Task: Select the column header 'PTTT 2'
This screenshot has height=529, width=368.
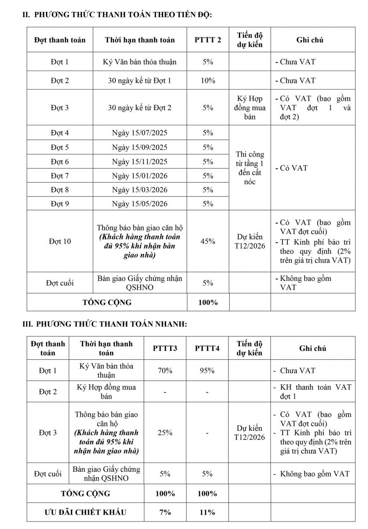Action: pos(208,40)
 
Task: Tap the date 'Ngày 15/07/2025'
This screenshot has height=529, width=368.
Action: pos(140,133)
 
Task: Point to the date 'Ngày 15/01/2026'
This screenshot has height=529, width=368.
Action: pos(140,175)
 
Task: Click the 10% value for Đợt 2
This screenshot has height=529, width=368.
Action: pos(208,81)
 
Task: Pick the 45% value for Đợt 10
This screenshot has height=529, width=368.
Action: pos(208,241)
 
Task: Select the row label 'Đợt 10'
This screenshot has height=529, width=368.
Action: pos(60,241)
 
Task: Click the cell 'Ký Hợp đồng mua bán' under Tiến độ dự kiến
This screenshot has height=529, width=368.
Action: pos(250,108)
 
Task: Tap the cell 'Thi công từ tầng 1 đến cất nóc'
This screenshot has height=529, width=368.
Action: pos(250,168)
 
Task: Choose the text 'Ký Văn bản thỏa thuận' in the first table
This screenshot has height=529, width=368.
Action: pos(140,62)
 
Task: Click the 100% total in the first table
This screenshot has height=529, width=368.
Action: pos(208,302)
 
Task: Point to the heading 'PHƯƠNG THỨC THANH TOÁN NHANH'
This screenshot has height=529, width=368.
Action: pos(112,324)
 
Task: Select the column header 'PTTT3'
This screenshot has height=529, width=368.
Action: pos(165,348)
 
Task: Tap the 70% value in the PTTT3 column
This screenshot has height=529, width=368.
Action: pos(165,371)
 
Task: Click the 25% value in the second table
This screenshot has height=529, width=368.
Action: pos(165,432)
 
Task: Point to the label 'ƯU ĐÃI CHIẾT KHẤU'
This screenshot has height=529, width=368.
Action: pos(85,512)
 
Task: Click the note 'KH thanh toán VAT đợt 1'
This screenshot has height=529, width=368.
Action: pos(316,391)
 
